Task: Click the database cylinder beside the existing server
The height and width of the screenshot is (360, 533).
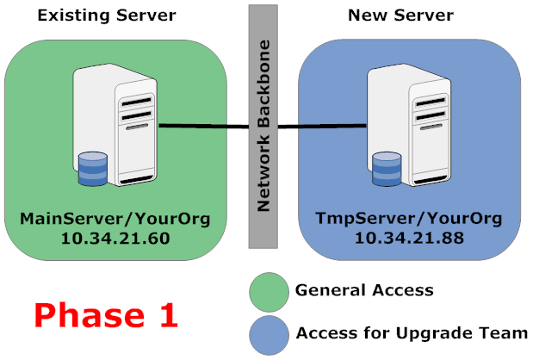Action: point(92,169)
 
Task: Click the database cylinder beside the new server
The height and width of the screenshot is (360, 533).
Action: point(387,169)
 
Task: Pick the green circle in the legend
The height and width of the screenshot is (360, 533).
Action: point(268,292)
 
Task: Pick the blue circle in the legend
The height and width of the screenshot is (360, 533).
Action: point(268,332)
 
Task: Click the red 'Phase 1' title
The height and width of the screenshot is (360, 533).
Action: point(107,314)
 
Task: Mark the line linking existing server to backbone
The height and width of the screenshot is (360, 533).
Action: point(202,127)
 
